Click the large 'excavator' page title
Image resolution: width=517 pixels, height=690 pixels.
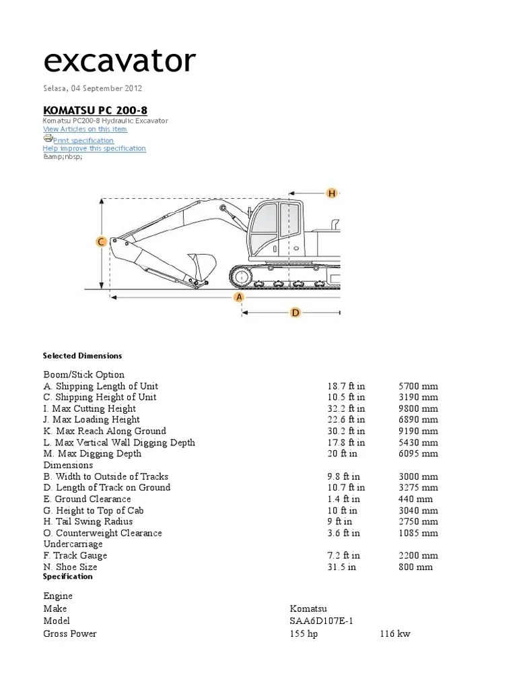119,61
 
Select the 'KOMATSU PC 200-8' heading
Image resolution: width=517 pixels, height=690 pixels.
96,110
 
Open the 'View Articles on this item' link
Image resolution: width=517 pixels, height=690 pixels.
85,129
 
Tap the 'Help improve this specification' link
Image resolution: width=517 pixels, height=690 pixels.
94,148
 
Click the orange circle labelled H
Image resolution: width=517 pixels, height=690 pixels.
331,193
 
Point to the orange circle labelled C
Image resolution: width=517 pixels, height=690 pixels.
100,242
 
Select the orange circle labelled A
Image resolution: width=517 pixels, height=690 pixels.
238,297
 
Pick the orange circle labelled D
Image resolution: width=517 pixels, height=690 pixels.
295,312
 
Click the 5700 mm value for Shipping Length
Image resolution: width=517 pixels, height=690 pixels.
418,386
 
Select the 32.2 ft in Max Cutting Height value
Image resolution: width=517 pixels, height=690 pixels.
346,408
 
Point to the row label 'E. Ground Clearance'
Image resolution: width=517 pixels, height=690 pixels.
88,499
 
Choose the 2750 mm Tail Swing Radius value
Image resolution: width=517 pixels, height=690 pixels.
418,522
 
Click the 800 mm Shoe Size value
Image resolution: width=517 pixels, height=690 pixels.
415,567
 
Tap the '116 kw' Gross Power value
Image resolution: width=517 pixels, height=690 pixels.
394,633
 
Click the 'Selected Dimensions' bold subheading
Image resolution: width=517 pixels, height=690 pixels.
82,355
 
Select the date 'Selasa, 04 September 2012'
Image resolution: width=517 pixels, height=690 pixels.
93,88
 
